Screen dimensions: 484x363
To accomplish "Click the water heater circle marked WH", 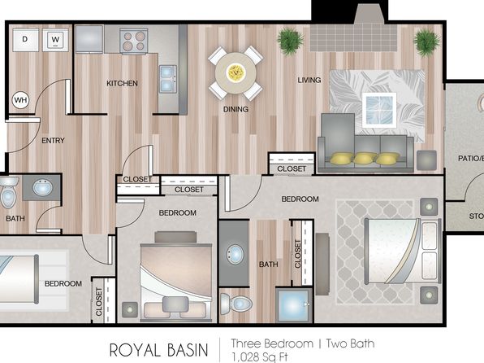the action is point(20,100).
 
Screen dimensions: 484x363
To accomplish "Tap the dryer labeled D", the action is point(25,40).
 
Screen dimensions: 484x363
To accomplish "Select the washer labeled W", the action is point(55,40).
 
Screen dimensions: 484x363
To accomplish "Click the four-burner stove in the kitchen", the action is point(134,42).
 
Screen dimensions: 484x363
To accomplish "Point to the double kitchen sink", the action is point(168,79).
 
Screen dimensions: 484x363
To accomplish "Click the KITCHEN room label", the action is point(123,83).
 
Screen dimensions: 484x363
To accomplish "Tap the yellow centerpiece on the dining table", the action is point(236,72).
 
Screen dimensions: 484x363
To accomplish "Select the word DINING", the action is point(236,109).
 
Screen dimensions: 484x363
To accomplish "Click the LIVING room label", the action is point(309,80).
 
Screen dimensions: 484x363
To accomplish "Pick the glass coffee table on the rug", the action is point(379,110).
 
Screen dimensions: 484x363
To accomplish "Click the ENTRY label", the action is point(53,141).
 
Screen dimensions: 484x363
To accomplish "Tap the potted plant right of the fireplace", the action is point(427,42).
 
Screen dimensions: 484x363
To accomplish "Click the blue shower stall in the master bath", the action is point(292,305).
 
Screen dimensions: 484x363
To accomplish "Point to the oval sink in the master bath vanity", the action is point(236,255).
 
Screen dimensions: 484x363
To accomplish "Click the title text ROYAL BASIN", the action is point(158,350).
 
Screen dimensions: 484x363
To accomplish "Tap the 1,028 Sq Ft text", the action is point(260,357).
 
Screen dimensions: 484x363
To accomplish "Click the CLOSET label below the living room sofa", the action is point(292,169).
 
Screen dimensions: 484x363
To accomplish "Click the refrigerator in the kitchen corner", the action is point(89,39).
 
